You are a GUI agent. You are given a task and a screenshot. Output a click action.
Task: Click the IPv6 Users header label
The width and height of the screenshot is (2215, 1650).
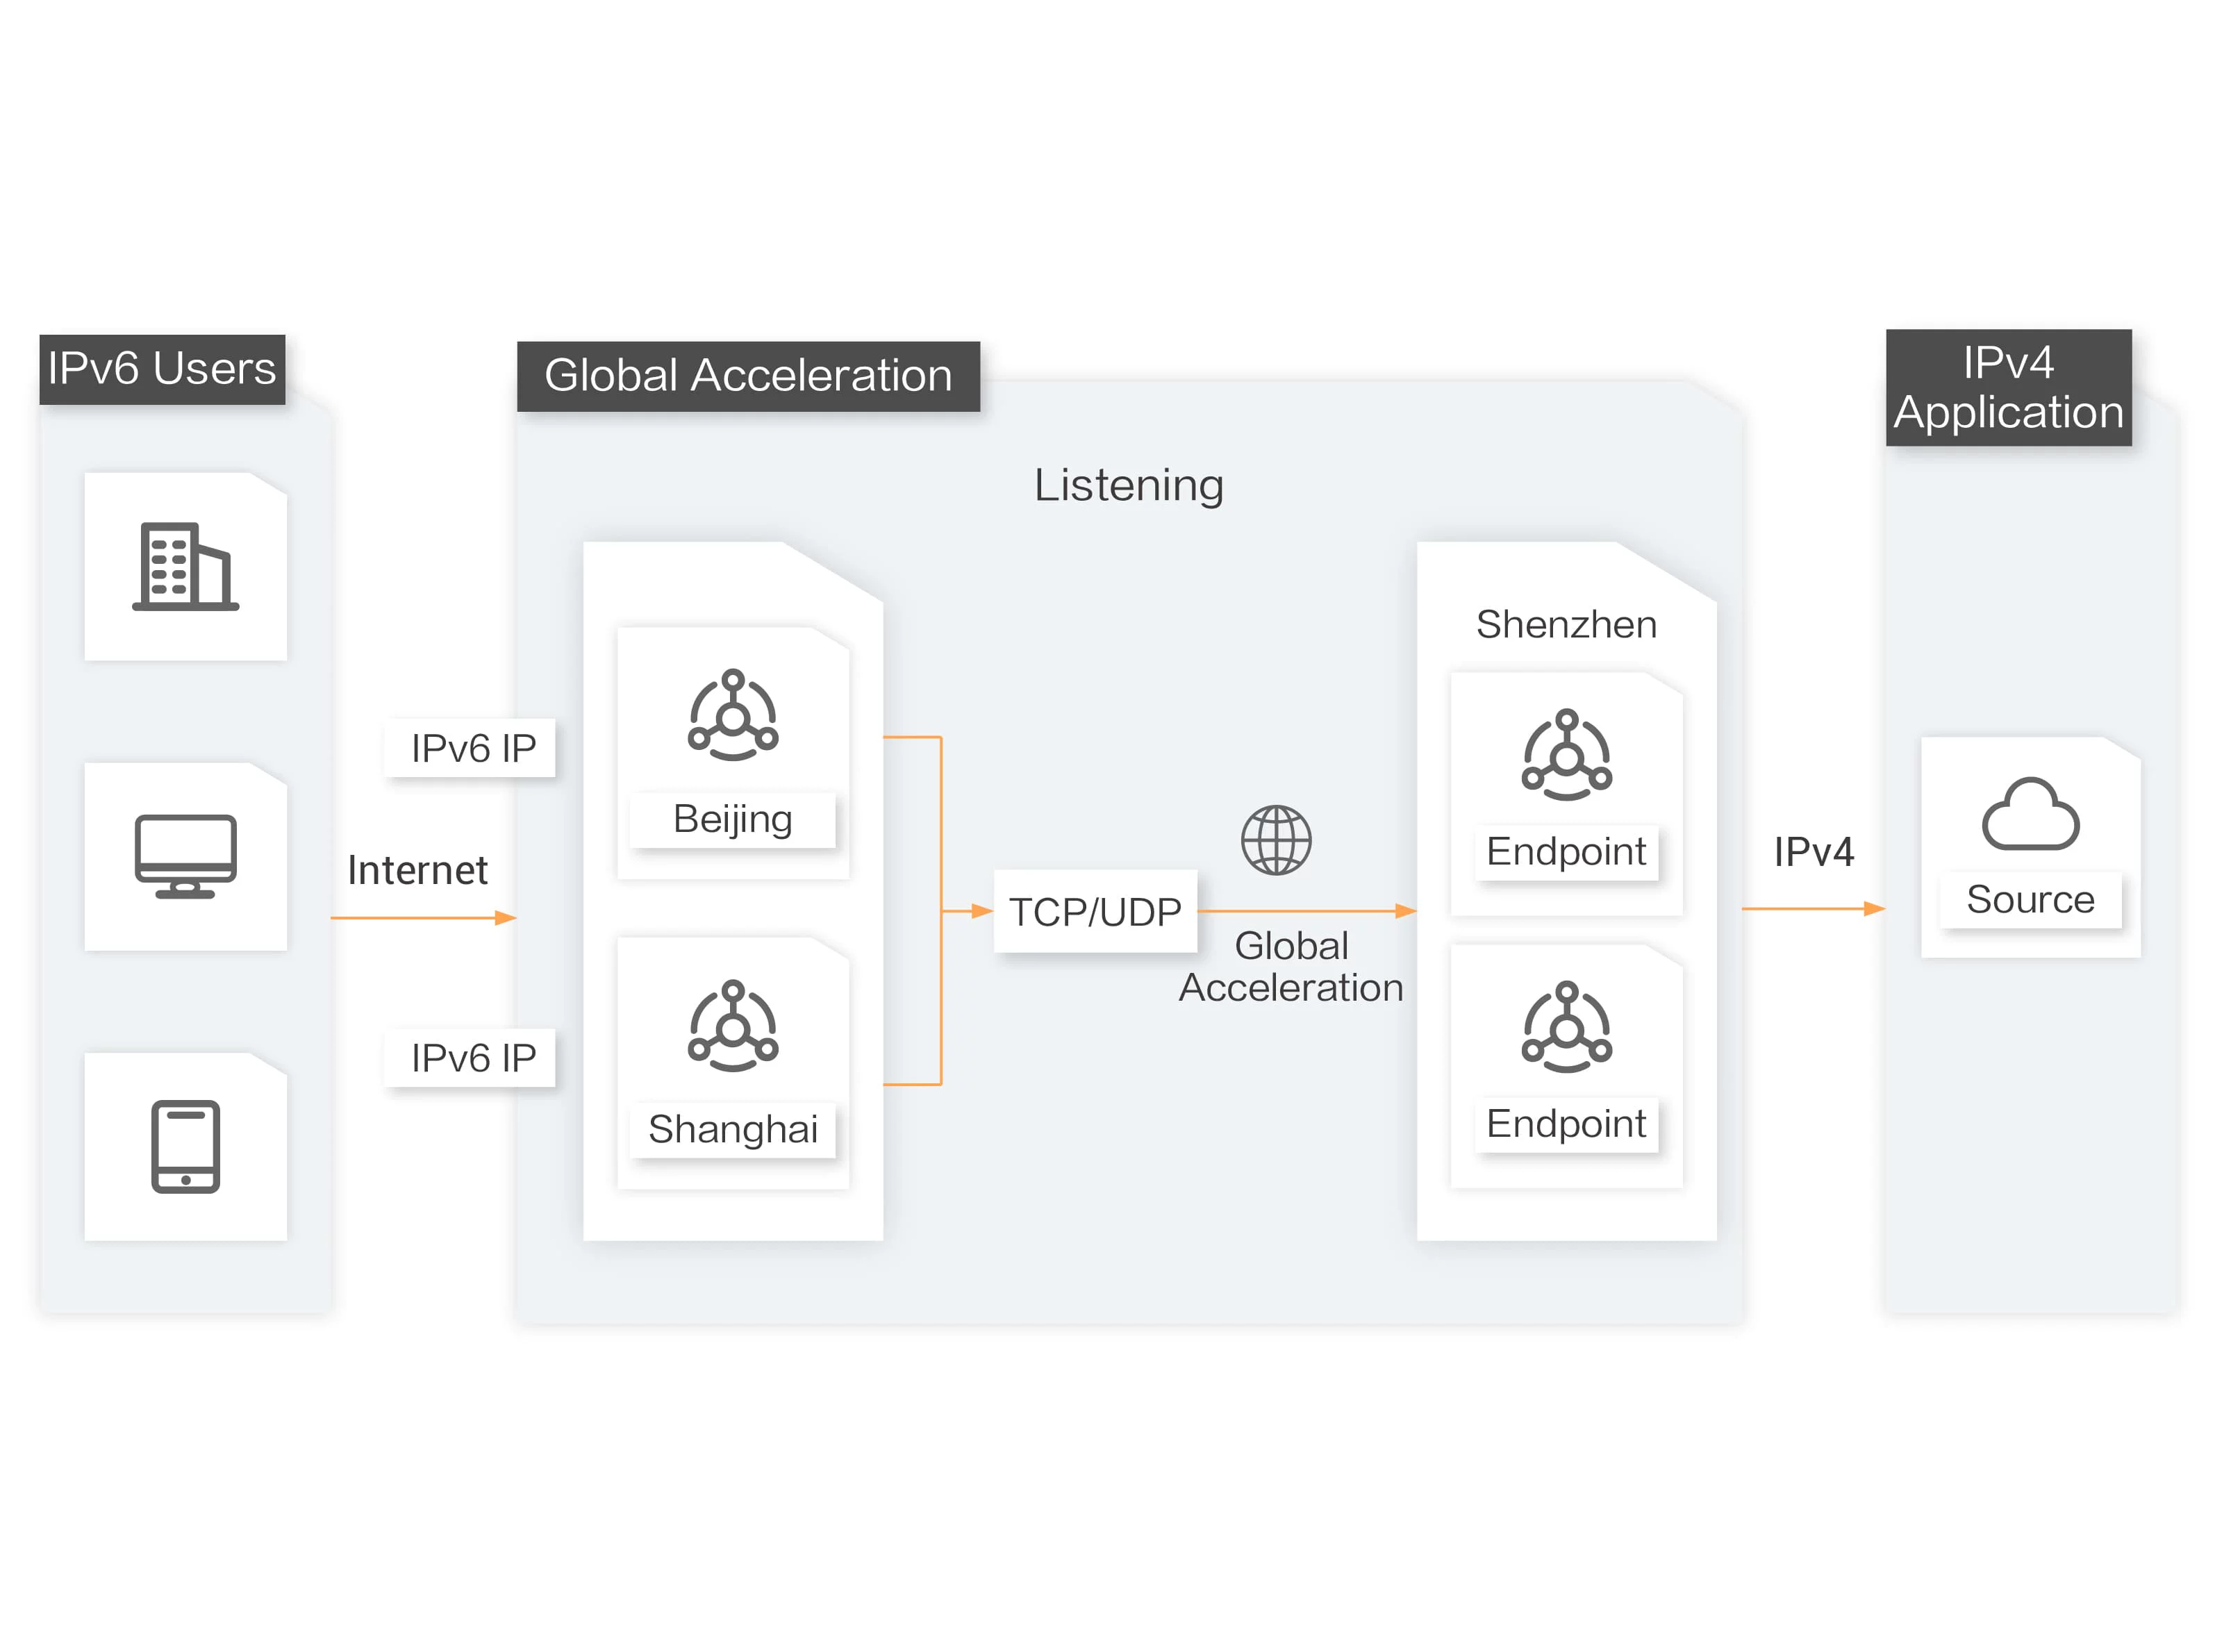(x=162, y=369)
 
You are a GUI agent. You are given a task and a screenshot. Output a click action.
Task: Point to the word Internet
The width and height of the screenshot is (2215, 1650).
(x=417, y=870)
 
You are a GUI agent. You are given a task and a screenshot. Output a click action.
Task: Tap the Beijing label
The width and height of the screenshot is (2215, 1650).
(x=732, y=819)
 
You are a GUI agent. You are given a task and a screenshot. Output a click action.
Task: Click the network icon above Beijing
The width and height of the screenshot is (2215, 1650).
(x=732, y=715)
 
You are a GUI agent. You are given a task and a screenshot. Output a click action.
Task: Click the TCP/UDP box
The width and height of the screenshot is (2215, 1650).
(x=1095, y=912)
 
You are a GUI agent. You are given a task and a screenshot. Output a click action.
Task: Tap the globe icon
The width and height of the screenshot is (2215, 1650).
(x=1276, y=840)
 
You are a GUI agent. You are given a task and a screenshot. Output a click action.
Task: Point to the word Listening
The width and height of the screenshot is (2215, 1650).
(x=1128, y=485)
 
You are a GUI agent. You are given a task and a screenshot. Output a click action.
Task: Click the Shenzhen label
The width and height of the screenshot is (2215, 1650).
(x=1566, y=624)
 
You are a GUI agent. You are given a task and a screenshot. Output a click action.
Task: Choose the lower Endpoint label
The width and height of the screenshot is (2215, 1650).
(x=1566, y=1124)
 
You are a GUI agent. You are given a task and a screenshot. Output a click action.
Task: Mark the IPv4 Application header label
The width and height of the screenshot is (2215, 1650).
(x=2008, y=387)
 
